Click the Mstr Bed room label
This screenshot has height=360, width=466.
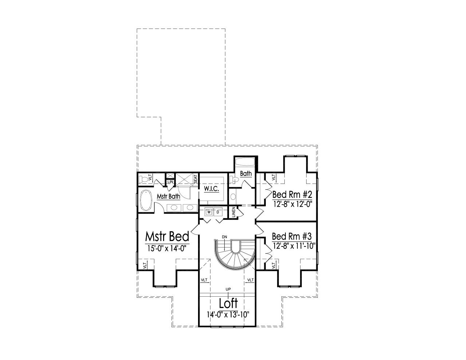pos(167,237)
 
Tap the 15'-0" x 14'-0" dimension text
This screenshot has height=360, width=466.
pos(167,249)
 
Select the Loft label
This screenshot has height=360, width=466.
pos(228,303)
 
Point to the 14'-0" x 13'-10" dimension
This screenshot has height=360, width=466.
pos(228,314)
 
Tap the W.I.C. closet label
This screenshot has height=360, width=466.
pos(211,189)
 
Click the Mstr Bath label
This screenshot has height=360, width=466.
pos(169,197)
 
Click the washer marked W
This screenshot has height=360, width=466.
pos(209,211)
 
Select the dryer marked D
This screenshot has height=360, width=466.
pos(218,211)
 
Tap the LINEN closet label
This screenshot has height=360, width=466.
pos(234,212)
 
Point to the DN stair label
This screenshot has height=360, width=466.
pos(225,237)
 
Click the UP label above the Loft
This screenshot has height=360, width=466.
pos(228,289)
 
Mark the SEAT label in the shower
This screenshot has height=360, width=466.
pos(196,179)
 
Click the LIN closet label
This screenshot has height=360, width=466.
pos(170,182)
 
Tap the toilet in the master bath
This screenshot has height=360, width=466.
pos(146,179)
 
